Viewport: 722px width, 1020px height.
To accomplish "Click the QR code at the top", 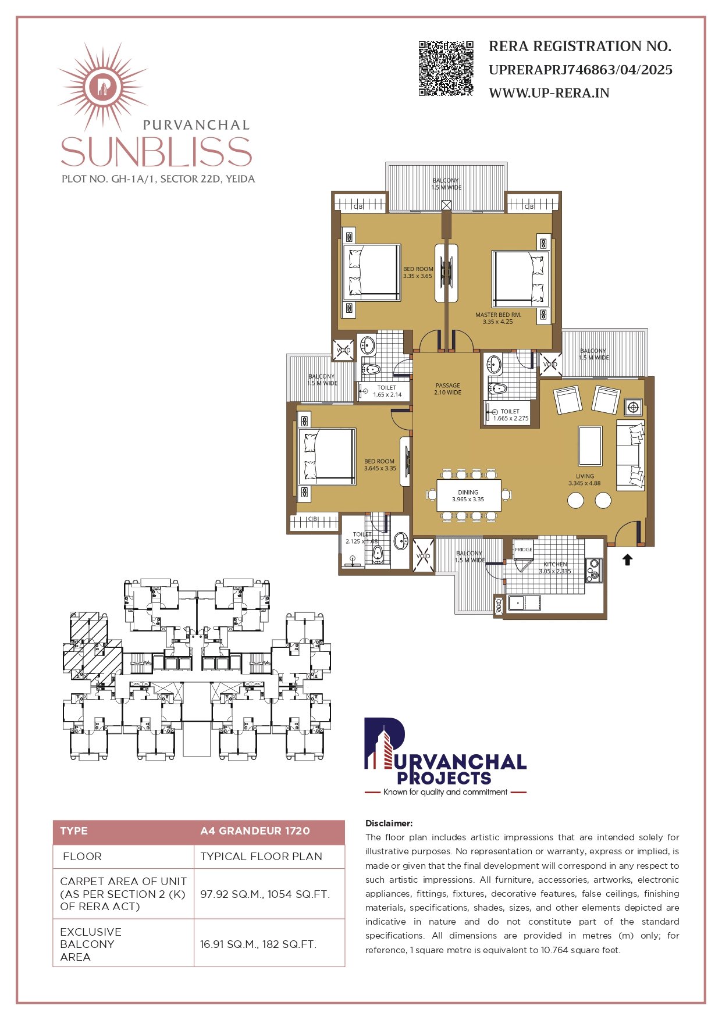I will [446, 68].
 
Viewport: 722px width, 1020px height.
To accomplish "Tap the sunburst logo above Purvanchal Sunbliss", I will [103, 87].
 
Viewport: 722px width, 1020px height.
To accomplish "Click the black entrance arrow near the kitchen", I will [627, 559].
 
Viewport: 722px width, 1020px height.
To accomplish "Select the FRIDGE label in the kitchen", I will [523, 550].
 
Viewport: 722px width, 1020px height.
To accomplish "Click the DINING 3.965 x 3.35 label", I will [468, 495].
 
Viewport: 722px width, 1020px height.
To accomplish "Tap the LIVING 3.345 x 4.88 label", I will [585, 479].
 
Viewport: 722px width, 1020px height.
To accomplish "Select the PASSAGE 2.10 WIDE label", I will [447, 389].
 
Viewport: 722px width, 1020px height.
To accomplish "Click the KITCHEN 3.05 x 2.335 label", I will [555, 568].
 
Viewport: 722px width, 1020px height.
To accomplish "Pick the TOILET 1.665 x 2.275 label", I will [510, 415].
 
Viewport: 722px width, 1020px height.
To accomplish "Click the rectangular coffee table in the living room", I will [590, 445].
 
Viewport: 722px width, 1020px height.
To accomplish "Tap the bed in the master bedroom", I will [520, 279].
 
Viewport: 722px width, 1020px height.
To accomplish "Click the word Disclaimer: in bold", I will [389, 823].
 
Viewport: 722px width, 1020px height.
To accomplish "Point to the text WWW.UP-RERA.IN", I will [549, 93].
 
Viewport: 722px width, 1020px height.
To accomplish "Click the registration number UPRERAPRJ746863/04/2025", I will [580, 70].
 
